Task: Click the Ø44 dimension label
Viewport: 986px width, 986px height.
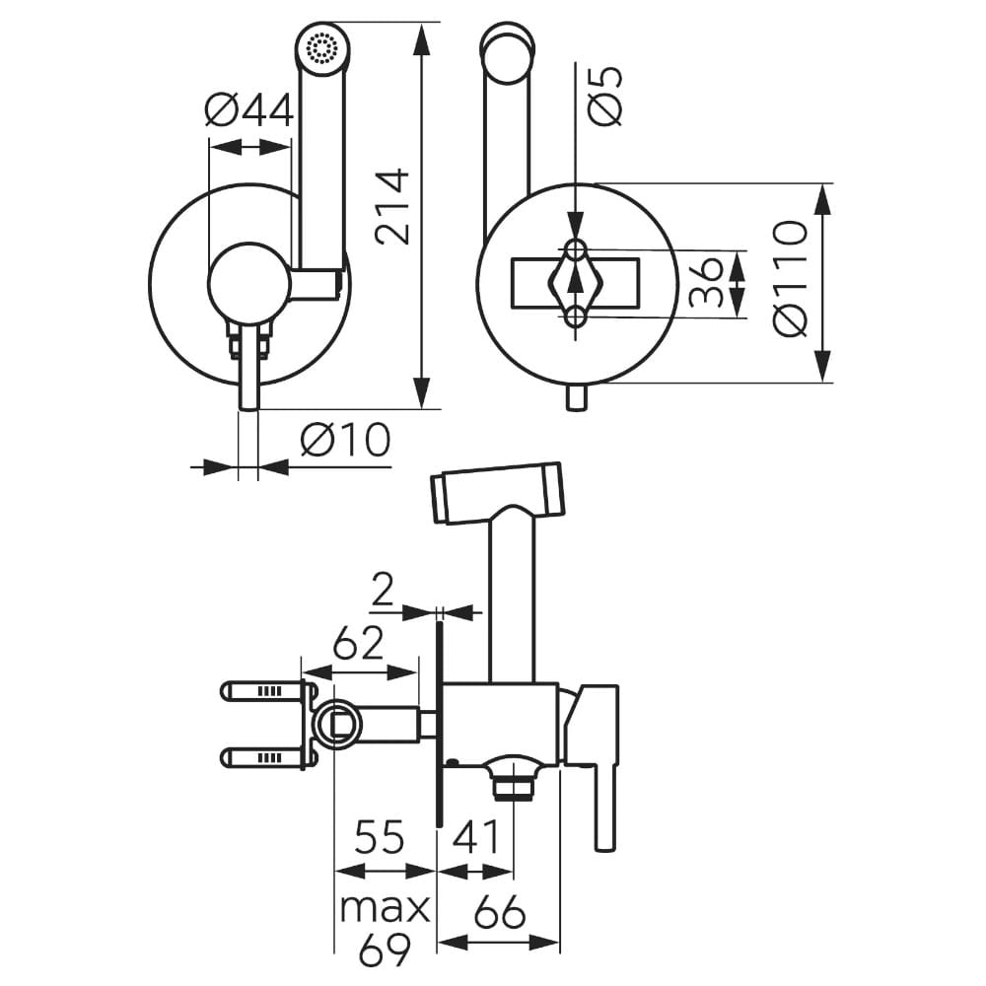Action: click(249, 110)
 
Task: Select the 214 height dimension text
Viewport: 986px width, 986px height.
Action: click(392, 206)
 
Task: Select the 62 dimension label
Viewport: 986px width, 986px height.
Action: click(357, 645)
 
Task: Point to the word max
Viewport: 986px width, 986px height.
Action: click(385, 907)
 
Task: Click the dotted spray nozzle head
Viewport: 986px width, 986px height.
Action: click(321, 47)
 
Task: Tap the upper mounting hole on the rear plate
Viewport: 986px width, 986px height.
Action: click(576, 246)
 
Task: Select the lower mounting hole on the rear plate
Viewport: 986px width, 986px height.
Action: click(576, 317)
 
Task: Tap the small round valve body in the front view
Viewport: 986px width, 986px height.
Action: click(249, 281)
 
